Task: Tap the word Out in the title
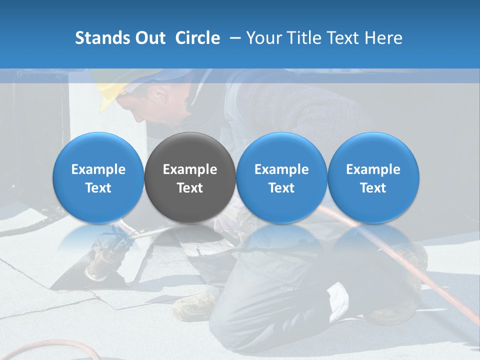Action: pyautogui.click(x=149, y=38)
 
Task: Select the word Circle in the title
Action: pyautogui.click(x=197, y=38)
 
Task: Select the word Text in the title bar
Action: pyautogui.click(x=341, y=38)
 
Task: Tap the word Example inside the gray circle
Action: pyautogui.click(x=190, y=169)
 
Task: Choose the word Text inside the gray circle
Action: pyautogui.click(x=190, y=188)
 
